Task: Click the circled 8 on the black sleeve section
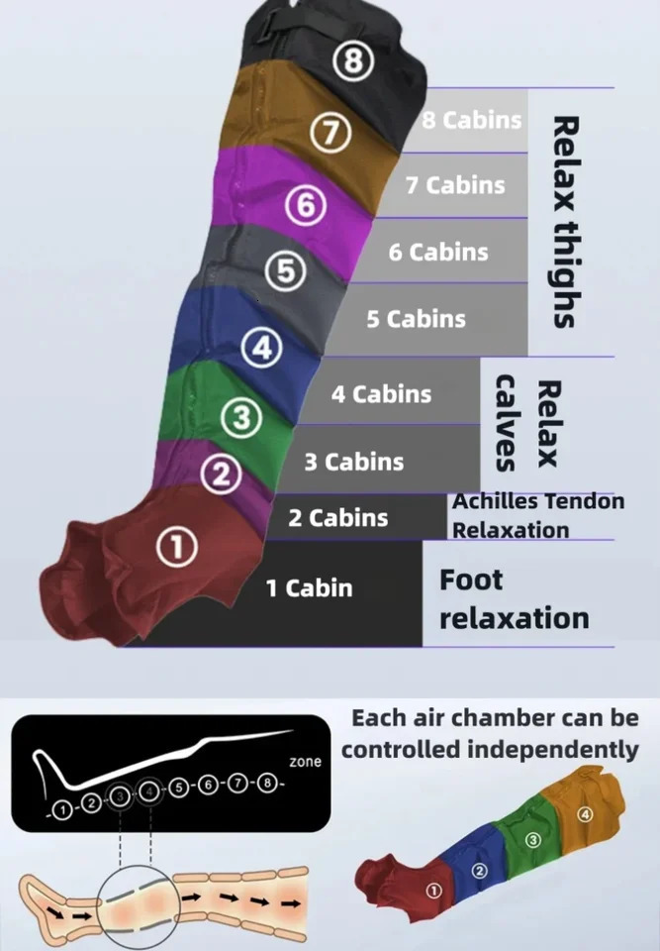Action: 352,62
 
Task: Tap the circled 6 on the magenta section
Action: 306,206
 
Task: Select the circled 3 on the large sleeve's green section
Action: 241,418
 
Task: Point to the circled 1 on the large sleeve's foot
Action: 177,547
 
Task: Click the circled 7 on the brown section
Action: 330,133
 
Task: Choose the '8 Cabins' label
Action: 472,120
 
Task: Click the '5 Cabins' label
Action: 416,319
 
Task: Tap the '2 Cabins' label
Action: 337,518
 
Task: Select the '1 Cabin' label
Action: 309,587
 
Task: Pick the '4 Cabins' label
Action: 381,394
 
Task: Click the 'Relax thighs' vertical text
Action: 563,223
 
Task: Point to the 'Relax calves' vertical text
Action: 526,423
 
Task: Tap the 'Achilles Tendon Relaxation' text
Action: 538,515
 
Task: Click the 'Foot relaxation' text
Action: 514,599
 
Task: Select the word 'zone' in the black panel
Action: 306,762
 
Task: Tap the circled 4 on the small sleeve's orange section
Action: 585,815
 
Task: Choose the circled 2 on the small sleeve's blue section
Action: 479,871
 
